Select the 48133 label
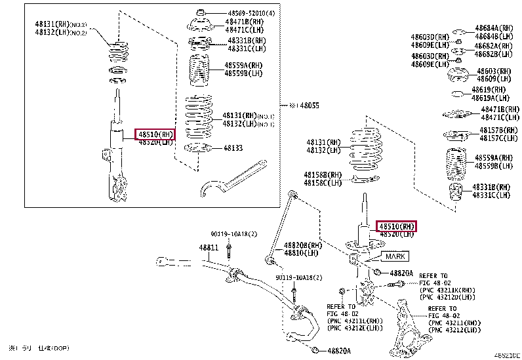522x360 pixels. point(232,148)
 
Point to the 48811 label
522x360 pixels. point(209,248)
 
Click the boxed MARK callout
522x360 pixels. point(395,256)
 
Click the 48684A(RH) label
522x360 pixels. point(494,28)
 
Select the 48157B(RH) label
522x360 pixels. point(496,130)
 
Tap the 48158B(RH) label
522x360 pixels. point(323,175)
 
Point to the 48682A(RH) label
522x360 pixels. point(494,46)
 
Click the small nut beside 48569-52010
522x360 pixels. point(201,13)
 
